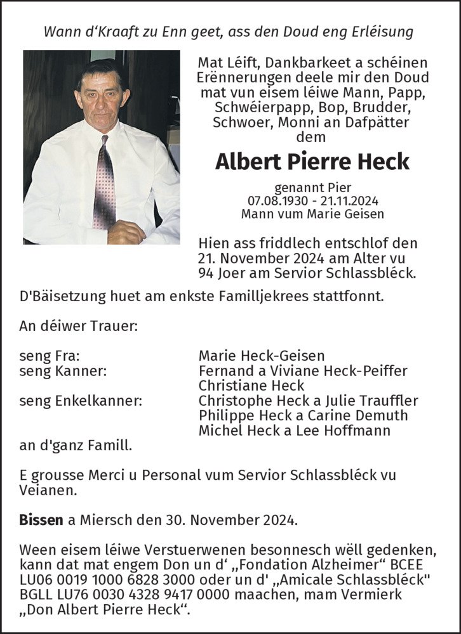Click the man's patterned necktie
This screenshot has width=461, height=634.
pyautogui.click(x=104, y=184)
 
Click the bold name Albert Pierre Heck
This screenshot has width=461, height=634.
pyautogui.click(x=312, y=162)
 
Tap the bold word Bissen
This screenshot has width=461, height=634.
pyautogui.click(x=41, y=521)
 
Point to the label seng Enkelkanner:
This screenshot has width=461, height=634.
pyautogui.click(x=81, y=401)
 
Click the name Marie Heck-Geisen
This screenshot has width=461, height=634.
pyautogui.click(x=261, y=356)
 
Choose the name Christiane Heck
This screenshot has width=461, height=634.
pyautogui.click(x=251, y=385)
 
